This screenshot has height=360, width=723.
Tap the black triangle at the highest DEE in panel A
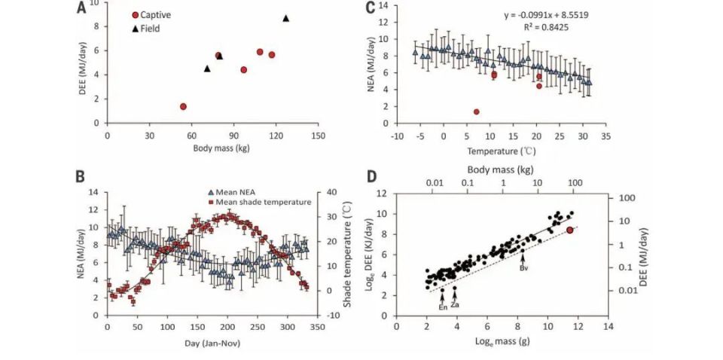pos(285,18)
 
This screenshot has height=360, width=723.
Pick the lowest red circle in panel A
pos(183,106)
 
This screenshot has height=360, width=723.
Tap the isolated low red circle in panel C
pos(476,111)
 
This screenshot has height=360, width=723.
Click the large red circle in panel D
pos(569,230)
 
